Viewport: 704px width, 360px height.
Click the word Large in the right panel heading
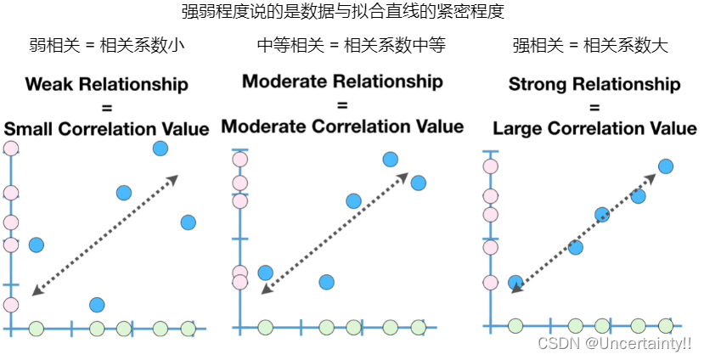click(x=518, y=129)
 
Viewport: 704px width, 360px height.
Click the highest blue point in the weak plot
click(x=161, y=149)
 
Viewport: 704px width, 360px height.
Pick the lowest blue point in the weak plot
click(x=97, y=304)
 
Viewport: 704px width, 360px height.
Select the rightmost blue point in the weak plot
click(x=189, y=222)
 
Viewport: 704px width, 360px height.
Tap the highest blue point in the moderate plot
click(x=391, y=159)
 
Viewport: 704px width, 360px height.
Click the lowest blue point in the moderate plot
click(x=326, y=282)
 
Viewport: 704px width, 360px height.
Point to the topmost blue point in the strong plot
click(x=666, y=166)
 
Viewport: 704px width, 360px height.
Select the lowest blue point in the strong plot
click(x=515, y=282)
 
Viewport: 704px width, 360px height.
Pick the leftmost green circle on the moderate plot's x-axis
click(x=265, y=327)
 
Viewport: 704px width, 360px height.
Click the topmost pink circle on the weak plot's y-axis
click(x=10, y=149)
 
